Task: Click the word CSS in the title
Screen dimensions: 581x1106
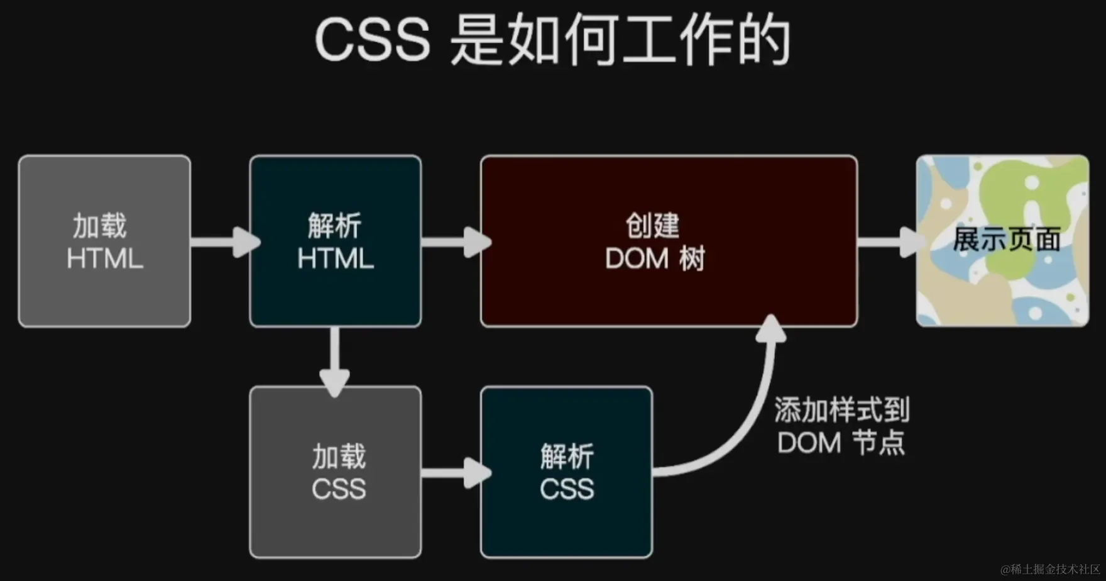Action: click(372, 40)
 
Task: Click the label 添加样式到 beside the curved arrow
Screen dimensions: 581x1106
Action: click(841, 410)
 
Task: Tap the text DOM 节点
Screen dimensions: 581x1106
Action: click(841, 443)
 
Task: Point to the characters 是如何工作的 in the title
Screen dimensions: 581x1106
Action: click(620, 40)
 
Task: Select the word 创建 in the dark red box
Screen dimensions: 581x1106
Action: click(652, 225)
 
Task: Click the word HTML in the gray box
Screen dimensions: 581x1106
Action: click(105, 259)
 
